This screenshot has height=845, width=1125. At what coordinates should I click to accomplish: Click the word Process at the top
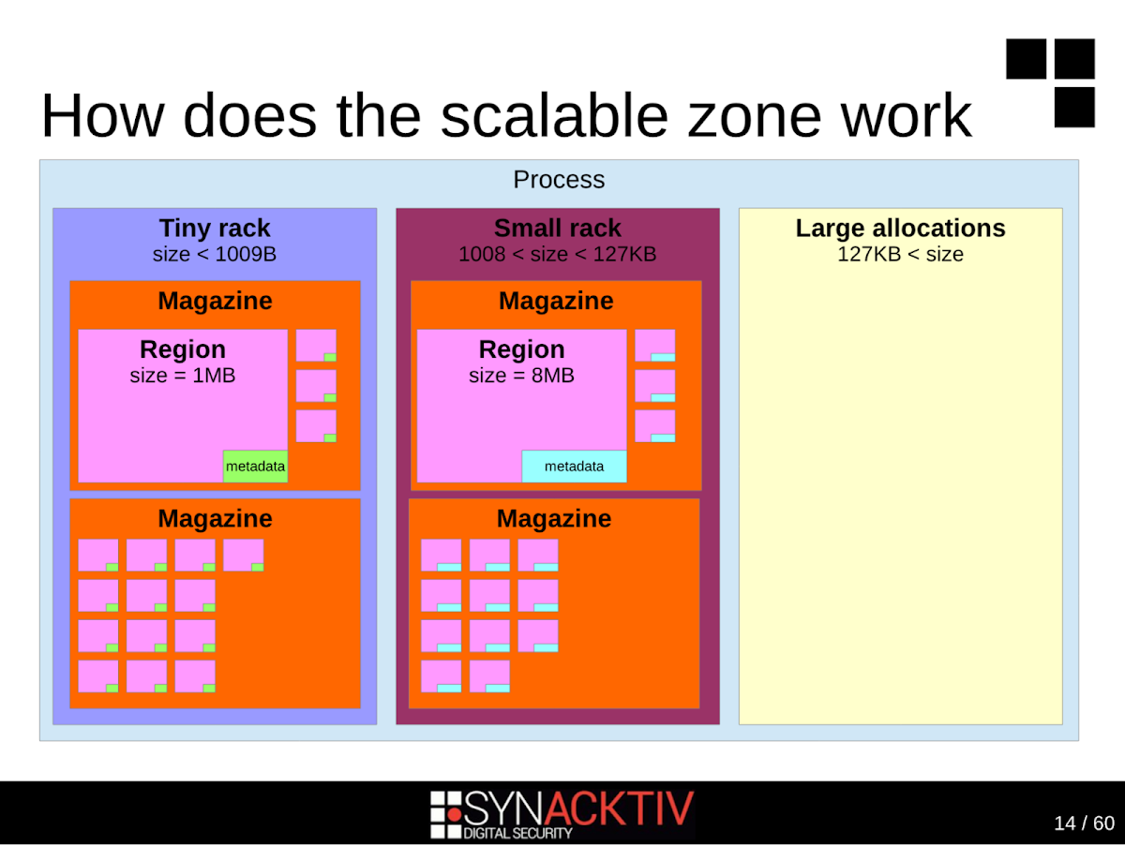(559, 180)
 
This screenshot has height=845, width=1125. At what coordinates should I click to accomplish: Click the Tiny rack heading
(215, 229)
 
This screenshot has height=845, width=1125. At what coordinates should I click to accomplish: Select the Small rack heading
(558, 229)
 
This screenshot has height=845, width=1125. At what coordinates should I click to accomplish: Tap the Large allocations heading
(900, 229)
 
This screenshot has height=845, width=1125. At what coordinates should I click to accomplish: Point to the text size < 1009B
(215, 254)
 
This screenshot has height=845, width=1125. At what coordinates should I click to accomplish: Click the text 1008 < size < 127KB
(557, 254)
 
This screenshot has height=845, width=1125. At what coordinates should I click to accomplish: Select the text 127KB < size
(900, 254)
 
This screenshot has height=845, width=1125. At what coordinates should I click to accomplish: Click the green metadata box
(255, 467)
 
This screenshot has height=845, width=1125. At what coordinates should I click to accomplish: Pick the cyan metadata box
(574, 467)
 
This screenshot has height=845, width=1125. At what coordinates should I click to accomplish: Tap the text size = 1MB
(183, 376)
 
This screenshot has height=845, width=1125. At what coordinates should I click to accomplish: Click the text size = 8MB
(521, 376)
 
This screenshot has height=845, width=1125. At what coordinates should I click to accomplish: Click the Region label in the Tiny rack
(183, 349)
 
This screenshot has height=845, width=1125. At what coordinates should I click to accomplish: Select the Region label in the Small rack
(521, 349)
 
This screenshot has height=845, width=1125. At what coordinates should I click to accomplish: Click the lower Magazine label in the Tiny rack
(215, 519)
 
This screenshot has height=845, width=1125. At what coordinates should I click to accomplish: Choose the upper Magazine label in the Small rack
(556, 302)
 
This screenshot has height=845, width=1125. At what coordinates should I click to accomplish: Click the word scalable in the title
(554, 115)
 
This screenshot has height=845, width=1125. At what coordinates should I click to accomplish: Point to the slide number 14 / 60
(1084, 823)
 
